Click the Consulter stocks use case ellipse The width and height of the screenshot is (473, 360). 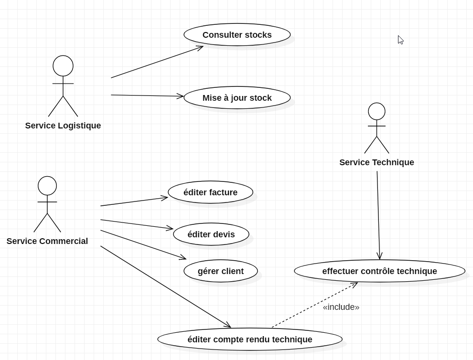[237, 35]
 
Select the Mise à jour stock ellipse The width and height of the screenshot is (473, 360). [237, 98]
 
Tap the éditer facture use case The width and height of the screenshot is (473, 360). [210, 192]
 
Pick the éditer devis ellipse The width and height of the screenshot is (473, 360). [211, 234]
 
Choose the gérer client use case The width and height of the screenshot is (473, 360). [221, 271]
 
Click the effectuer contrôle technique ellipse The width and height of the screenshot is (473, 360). [379, 271]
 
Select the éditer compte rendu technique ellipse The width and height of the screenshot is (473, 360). [250, 339]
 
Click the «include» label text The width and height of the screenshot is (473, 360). [341, 307]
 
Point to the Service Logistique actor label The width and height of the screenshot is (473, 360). [63, 126]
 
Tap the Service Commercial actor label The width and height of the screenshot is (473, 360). [47, 241]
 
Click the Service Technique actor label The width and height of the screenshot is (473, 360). [376, 162]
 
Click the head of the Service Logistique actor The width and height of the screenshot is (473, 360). [63, 66]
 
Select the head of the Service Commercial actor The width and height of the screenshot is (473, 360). [47, 186]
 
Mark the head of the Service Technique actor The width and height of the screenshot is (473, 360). [376, 111]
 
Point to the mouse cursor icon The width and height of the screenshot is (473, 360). [400, 40]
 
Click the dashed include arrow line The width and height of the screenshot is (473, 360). [314, 305]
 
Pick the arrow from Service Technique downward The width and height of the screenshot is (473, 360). [378, 215]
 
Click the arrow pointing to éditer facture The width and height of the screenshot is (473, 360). [134, 201]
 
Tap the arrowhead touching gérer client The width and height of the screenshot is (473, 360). [183, 258]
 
